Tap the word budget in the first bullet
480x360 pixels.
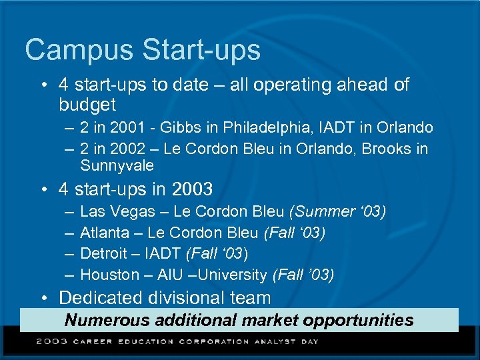pos(87,105)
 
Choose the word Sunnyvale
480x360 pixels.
pos(117,165)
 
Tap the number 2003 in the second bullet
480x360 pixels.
pos(192,189)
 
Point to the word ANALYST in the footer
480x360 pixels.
pos(273,341)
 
